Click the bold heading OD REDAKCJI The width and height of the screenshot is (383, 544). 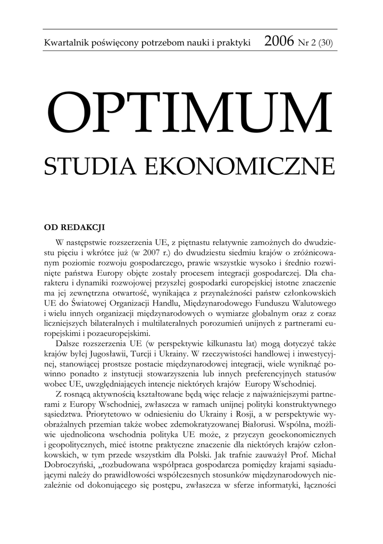pyautogui.click(x=74, y=227)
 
